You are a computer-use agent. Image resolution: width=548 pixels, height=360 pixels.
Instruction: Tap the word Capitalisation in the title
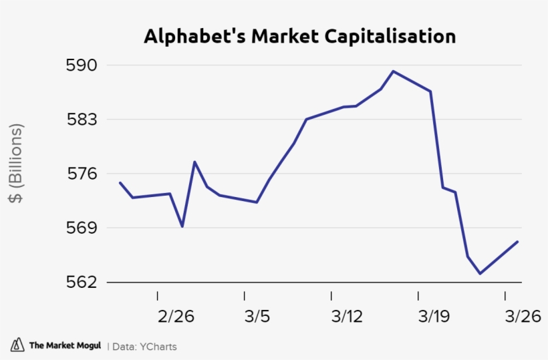tap(390, 36)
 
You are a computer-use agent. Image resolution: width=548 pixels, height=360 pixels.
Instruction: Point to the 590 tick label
tap(82, 65)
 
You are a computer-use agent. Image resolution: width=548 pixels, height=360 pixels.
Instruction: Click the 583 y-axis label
tap(82, 120)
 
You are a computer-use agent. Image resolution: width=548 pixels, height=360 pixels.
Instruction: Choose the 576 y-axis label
tap(82, 174)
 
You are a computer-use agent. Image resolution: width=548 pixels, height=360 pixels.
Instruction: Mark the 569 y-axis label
tap(82, 228)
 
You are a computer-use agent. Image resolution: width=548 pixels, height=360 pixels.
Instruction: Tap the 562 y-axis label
tap(82, 282)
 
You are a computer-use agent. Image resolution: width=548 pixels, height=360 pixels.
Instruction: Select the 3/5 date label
tap(257, 316)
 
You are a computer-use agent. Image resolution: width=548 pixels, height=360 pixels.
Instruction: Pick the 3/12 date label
tap(346, 316)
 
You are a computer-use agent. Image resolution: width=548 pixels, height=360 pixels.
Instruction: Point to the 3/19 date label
tap(433, 316)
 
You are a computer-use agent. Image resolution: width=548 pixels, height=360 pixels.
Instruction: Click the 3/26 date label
tap(522, 316)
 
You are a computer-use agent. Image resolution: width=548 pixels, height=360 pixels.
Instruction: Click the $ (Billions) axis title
tap(16, 164)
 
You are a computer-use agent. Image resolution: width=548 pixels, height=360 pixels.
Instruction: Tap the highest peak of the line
tap(393, 71)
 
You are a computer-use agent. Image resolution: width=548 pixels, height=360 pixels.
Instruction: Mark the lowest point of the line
tap(480, 273)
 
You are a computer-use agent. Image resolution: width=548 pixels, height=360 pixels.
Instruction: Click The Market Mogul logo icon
tap(17, 345)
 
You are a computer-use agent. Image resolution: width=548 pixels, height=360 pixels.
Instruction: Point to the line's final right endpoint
tap(518, 242)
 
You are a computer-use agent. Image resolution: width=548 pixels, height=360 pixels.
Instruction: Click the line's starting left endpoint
tap(120, 182)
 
